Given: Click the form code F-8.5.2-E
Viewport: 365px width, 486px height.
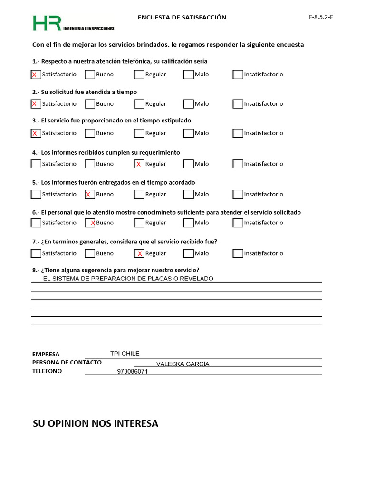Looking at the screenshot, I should (321, 17).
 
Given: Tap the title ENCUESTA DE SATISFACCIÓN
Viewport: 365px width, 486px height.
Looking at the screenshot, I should (182, 18).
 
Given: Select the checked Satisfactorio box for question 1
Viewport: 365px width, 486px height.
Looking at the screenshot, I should (36, 75).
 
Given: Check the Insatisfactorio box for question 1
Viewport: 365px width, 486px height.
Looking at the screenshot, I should (238, 75).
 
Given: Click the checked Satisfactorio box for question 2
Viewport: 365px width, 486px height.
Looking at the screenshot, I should (36, 104).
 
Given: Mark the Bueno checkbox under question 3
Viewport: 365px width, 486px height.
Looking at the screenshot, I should (90, 133).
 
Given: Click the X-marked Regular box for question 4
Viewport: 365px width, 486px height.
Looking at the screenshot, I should (139, 164).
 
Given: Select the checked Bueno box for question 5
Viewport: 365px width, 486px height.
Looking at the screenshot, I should (90, 194).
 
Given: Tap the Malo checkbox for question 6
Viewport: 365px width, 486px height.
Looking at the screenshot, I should (189, 223).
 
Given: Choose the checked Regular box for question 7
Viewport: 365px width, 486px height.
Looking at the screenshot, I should (139, 253).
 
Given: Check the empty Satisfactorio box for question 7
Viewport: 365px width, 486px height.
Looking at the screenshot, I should (36, 253).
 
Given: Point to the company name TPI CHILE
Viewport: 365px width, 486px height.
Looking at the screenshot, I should (125, 354).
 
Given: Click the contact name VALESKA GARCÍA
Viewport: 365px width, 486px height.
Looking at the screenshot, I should (182, 364).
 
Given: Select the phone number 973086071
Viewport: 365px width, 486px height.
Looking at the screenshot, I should (132, 372).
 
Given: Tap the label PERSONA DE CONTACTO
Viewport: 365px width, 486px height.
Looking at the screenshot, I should (67, 363).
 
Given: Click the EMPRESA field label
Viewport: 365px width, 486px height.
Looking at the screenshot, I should (46, 354).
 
